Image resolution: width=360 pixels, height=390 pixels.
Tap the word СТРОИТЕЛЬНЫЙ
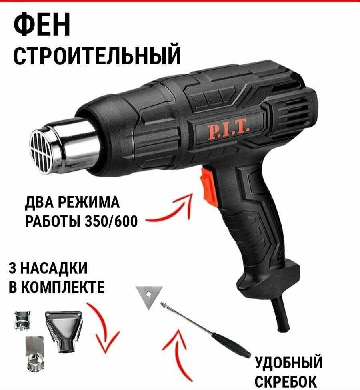pos(97,56)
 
